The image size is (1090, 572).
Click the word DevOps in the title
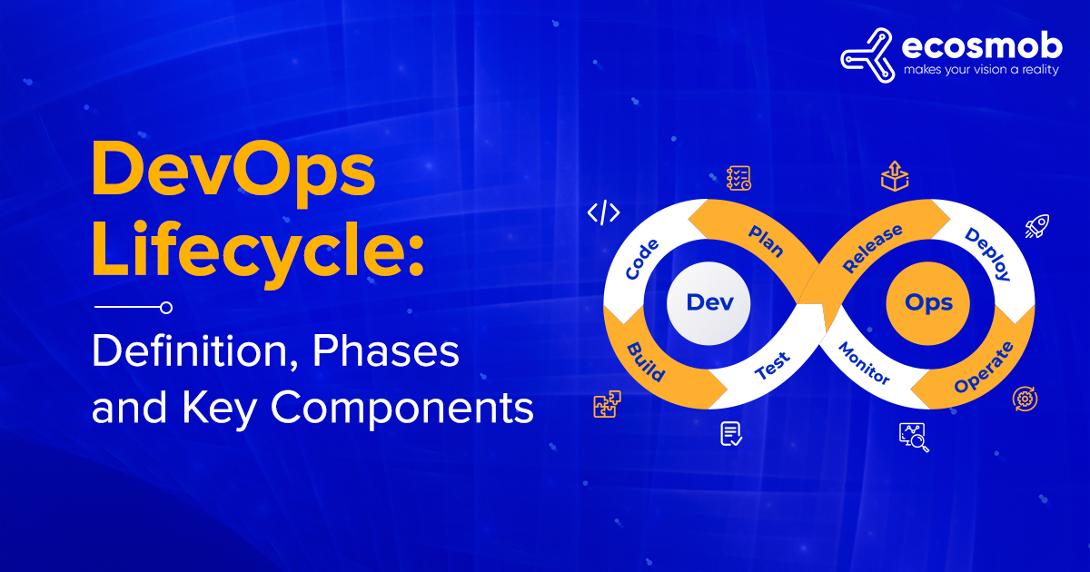coord(233,174)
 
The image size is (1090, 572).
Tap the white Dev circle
coord(709,302)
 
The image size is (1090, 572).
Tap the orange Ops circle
coord(928,302)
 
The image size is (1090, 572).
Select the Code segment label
coord(642,260)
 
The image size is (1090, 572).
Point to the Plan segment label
coord(766,241)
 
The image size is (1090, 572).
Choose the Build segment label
coord(647,360)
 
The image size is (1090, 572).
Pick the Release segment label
coord(873,248)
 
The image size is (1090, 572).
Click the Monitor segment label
coord(864,363)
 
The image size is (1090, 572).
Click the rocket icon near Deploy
coord(1036,226)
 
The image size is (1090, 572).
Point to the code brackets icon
coord(604,213)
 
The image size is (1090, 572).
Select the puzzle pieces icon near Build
coord(606,406)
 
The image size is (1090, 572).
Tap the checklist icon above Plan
coord(738,178)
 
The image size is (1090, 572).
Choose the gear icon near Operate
coord(1026,398)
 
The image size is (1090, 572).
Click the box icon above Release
coord(895,176)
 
